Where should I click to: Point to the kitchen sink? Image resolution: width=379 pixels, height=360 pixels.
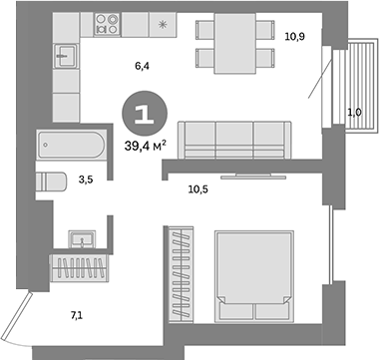(x=66, y=58)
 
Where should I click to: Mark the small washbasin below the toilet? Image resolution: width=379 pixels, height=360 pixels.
(x=81, y=238)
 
